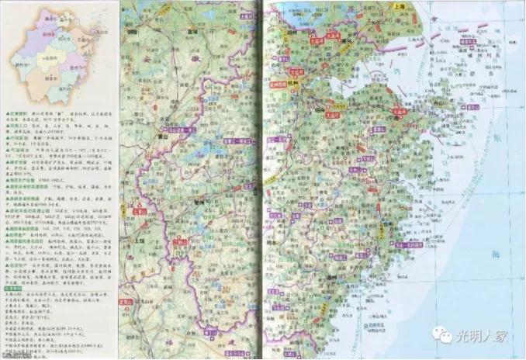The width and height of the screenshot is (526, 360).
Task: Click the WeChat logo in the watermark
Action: click(445, 335)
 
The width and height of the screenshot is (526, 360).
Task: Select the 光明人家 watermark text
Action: click(486, 336)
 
